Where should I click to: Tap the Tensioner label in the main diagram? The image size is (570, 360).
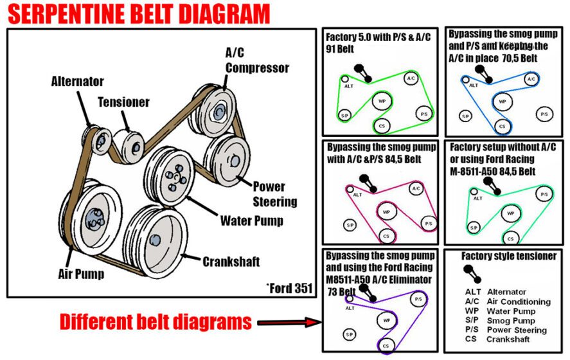pos(123,102)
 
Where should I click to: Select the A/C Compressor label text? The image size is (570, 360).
pos(256,61)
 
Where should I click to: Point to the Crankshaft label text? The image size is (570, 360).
pos(231,262)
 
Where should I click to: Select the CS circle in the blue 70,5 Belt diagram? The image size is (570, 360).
pos(503,126)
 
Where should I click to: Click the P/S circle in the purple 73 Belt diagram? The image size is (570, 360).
pos(418,300)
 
